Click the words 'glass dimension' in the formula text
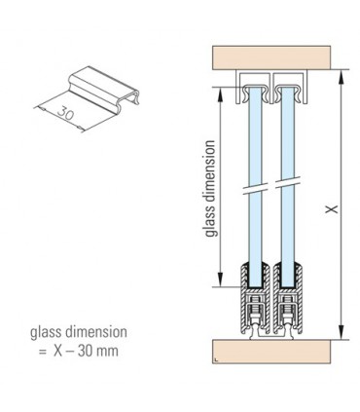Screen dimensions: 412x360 [x=78, y=332]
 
